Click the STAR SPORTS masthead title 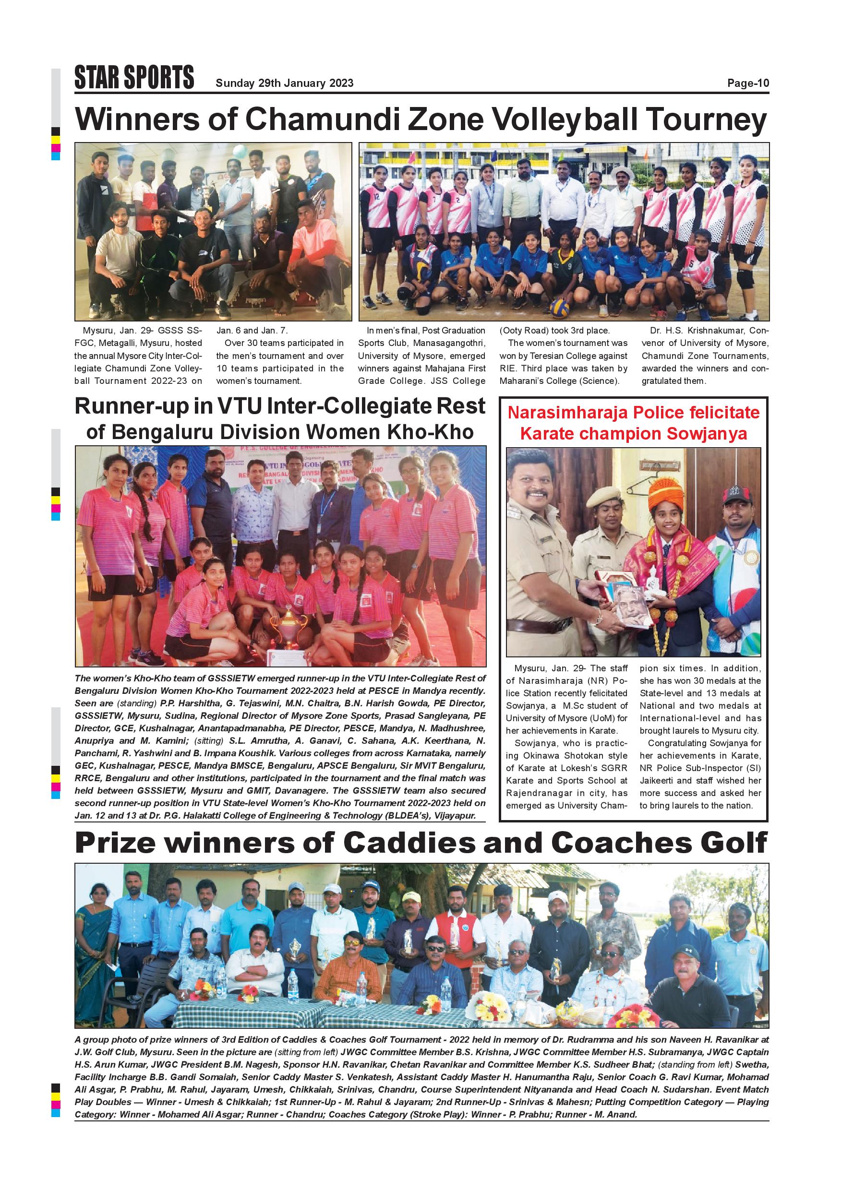[x=134, y=78]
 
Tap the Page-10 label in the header [x=747, y=83]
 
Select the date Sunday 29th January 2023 [x=284, y=83]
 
